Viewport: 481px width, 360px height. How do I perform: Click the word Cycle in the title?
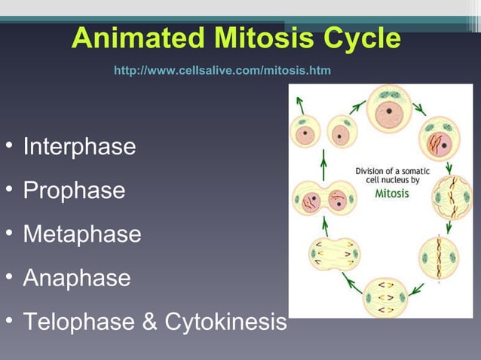point(359,38)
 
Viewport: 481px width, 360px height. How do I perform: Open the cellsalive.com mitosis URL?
point(222,70)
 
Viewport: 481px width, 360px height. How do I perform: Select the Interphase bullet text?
point(79,146)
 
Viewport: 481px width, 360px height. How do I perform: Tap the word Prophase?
point(74,190)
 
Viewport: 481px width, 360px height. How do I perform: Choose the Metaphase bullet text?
point(81,233)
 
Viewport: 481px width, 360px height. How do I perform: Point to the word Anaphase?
point(76,278)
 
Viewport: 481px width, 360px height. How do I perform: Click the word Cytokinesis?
point(225,322)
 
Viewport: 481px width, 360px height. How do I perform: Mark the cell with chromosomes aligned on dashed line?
point(438,257)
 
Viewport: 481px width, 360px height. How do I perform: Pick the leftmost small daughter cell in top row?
point(305,131)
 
